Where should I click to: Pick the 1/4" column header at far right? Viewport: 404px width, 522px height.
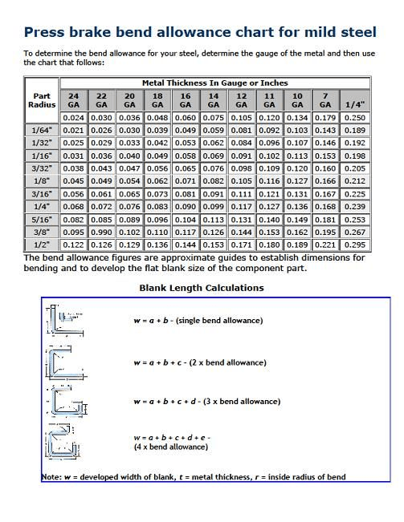click(x=354, y=104)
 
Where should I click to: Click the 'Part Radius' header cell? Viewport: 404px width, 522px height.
click(x=42, y=99)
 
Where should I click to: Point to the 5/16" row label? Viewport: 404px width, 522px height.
click(x=42, y=219)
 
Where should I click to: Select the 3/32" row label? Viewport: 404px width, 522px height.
click(x=42, y=168)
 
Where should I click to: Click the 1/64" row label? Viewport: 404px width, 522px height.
click(x=42, y=130)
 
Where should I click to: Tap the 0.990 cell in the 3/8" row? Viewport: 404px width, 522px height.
click(x=101, y=232)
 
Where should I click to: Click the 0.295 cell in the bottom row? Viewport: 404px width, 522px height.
click(x=354, y=245)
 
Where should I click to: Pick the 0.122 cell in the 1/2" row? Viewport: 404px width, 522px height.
click(x=73, y=245)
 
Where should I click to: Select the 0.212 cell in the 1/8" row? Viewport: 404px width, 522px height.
click(x=354, y=181)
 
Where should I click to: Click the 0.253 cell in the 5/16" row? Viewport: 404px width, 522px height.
click(x=354, y=219)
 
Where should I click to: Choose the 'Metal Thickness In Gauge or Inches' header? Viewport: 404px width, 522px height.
click(x=214, y=83)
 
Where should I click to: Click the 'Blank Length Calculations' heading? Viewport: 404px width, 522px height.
click(x=202, y=287)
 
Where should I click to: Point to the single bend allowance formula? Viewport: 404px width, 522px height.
click(x=198, y=321)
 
